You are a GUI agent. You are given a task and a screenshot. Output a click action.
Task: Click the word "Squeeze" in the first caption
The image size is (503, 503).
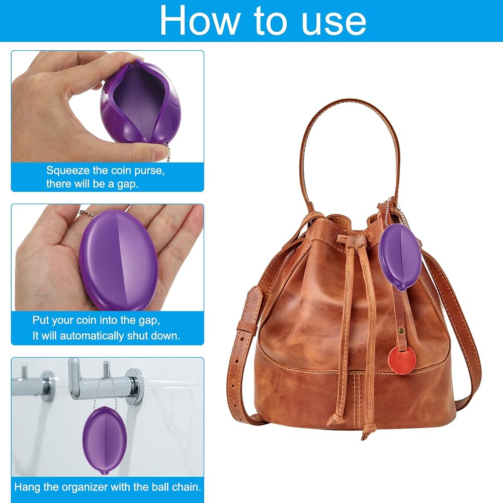coord(68,171)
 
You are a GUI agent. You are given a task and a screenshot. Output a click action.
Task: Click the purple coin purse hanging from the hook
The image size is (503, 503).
coord(105,441)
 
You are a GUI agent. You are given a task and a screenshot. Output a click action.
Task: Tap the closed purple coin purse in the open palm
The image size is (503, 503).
coord(119,260)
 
